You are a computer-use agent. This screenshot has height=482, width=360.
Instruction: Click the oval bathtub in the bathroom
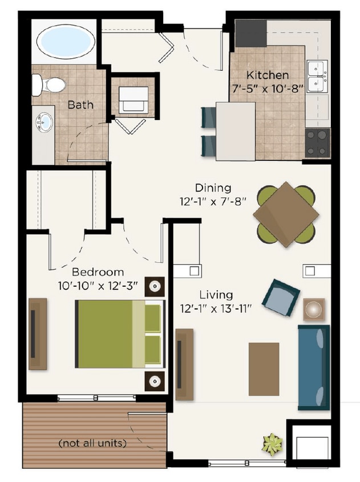coord(66,41)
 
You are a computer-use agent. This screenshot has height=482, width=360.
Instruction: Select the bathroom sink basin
coord(44,122)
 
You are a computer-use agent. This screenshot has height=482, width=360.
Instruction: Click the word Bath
coord(80,105)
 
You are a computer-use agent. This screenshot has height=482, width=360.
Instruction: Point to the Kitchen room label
coord(267,75)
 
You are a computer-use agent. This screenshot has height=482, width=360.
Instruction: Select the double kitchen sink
coord(317,76)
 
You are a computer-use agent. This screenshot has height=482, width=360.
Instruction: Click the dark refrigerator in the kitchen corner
coord(250,34)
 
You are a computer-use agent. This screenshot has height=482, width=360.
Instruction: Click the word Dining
coord(213,188)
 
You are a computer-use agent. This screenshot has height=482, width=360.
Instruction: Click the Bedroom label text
coord(98,272)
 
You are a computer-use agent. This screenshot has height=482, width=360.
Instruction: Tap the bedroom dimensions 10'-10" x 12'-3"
coord(98,285)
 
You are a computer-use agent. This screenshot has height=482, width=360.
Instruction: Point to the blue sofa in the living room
coord(313,367)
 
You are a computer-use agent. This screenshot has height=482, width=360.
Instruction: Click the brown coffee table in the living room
coord(264,369)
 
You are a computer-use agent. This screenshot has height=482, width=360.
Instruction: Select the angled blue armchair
coord(280,298)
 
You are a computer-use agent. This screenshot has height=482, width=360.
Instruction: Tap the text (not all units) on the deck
coord(92,443)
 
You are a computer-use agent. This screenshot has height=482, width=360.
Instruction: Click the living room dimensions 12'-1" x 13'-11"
coord(216,308)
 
